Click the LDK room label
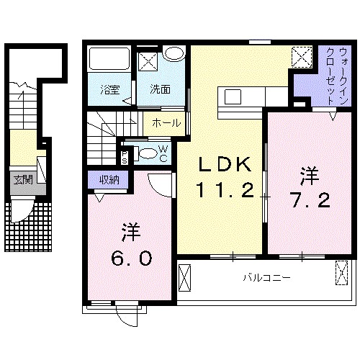(225, 165)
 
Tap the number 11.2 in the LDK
(225, 192)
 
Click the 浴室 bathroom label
(110, 90)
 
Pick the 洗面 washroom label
(159, 90)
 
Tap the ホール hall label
(166, 123)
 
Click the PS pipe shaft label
(125, 155)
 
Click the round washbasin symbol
(173, 54)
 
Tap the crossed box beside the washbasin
(148, 62)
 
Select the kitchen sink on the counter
(235, 96)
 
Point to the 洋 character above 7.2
(310, 174)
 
